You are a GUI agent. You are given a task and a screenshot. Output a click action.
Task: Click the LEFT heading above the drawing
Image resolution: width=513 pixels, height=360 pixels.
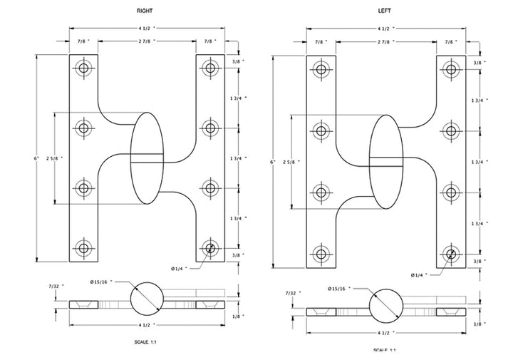pos(384,11)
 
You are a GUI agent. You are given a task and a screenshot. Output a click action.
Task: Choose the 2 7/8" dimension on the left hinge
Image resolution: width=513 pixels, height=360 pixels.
pos(385,43)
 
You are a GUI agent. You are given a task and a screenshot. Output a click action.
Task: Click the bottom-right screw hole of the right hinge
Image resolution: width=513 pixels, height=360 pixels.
pos(209,249)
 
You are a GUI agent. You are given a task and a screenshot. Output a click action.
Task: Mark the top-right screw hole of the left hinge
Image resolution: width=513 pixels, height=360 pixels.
pos(450,69)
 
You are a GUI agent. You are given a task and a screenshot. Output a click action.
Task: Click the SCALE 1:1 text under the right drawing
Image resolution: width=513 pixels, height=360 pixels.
pos(145,343)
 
